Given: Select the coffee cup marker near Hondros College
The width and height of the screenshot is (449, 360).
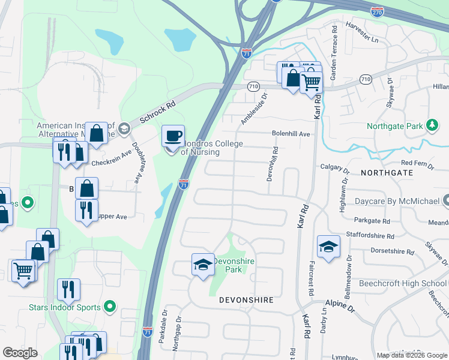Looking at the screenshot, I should [x=173, y=137].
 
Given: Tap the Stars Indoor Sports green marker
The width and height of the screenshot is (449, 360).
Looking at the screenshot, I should [x=109, y=308].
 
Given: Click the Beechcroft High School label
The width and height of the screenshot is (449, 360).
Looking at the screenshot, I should [x=403, y=283].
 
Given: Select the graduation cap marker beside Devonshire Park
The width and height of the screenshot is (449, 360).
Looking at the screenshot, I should [x=203, y=264].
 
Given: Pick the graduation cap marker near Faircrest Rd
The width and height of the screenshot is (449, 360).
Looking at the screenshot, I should [x=328, y=247].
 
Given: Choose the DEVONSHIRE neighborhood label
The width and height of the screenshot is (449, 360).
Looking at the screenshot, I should [x=246, y=299].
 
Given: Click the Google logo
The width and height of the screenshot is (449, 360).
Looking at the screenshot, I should [x=20, y=353].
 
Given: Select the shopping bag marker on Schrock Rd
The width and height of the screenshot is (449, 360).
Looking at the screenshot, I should [x=96, y=134].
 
